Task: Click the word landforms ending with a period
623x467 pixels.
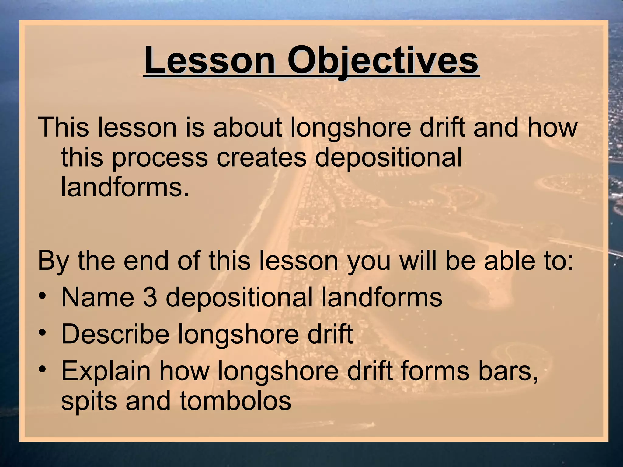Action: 125,187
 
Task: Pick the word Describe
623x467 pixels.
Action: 115,334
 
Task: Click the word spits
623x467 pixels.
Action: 89,401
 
